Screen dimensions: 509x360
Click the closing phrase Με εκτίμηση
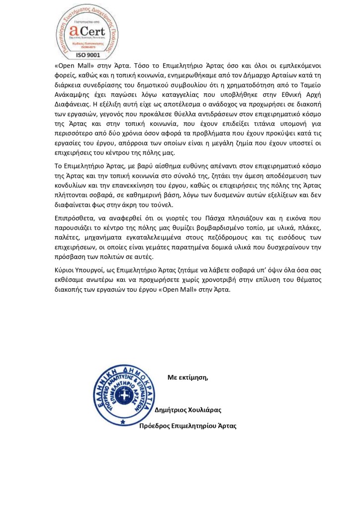click(x=187, y=377)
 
